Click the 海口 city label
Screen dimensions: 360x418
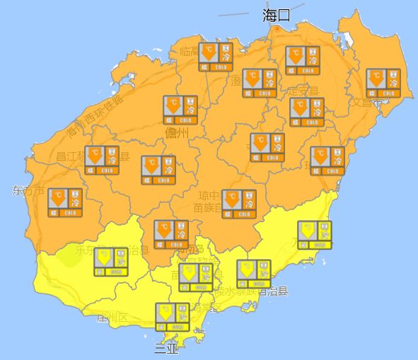277,15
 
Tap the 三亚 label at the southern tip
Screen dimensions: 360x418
167,348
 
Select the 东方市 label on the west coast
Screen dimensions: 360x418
28,191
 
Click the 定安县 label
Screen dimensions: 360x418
303,91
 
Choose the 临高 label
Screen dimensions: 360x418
190,51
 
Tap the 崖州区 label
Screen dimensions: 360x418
112,318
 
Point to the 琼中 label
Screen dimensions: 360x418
209,195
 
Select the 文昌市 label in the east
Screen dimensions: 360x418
367,103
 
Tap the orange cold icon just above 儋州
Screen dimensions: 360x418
180,110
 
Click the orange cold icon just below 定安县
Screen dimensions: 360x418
307,112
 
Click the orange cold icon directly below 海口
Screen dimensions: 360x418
303,60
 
